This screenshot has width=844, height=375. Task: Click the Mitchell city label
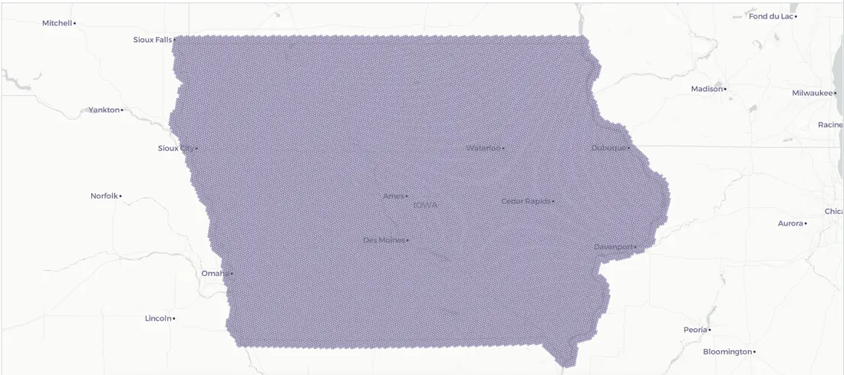[57, 23]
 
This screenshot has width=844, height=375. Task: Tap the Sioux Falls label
[153, 39]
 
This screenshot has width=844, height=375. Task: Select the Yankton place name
[104, 110]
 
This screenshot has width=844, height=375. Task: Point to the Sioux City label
[176, 148]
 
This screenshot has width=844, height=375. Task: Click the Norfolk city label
[104, 196]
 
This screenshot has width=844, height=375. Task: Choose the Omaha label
[215, 273]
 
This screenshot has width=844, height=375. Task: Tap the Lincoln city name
[158, 317]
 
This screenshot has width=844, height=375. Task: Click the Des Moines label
[384, 240]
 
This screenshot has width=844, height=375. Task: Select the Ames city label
[393, 196]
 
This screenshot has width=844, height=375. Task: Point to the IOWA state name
[425, 205]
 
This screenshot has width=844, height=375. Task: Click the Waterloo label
[483, 148]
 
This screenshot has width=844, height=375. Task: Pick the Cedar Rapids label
[526, 201]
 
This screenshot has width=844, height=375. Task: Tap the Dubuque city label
[608, 147]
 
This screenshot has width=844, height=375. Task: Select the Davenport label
[614, 246]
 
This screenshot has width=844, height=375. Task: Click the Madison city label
[707, 89]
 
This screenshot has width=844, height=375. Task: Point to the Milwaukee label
[813, 93]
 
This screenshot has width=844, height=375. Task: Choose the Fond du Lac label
[771, 16]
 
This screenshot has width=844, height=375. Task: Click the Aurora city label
[790, 223]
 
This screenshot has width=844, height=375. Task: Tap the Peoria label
[695, 330]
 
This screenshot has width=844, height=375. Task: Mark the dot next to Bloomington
[754, 352]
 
